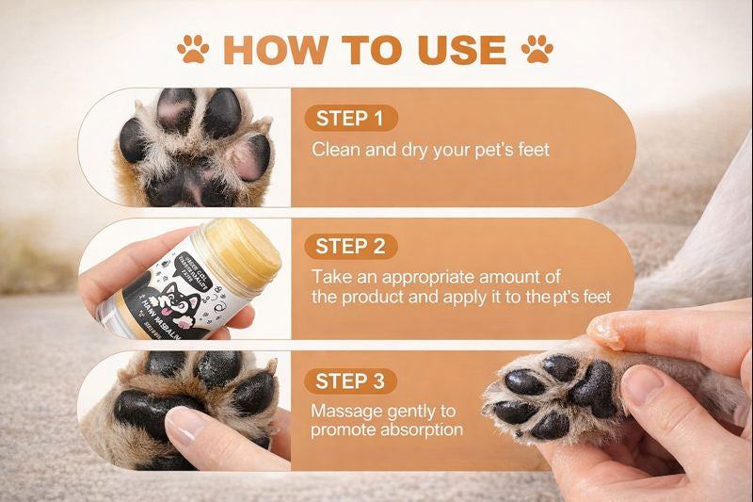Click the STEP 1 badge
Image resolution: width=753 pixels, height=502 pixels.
point(350,119)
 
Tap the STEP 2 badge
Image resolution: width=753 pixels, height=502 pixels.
point(350,247)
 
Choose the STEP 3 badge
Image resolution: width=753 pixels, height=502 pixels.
point(350,381)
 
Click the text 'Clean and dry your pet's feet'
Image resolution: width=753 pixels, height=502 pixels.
point(430,149)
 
